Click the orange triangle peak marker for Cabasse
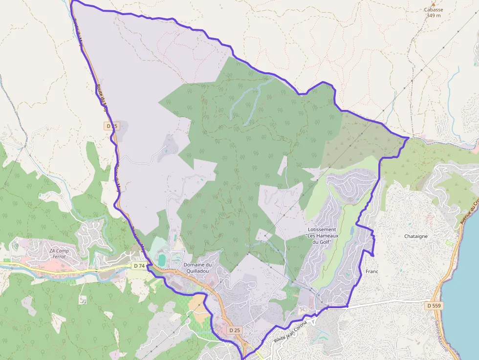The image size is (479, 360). click(x=433, y=4)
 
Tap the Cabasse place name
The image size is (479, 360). click(x=433, y=10)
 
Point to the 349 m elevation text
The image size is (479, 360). click(x=433, y=16)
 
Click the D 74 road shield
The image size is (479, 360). click(x=139, y=266)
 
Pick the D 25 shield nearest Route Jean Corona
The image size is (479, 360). click(x=235, y=330)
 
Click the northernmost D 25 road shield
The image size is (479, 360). click(x=112, y=126)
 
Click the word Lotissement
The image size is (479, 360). click(x=322, y=230)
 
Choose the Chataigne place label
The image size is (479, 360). click(x=416, y=236)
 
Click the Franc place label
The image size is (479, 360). click(x=372, y=271)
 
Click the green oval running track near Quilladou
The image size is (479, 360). click(x=162, y=259)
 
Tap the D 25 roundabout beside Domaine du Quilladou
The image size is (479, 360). click(x=174, y=272)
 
